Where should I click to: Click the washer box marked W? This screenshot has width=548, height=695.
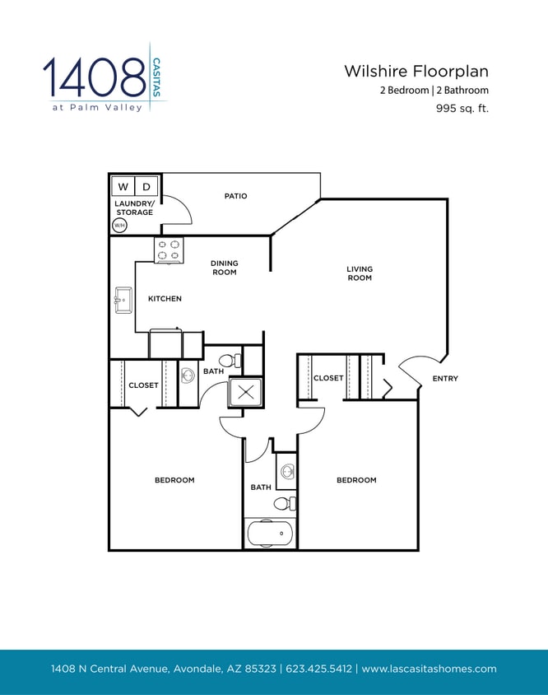tap(123, 187)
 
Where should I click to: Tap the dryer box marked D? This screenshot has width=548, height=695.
tap(146, 187)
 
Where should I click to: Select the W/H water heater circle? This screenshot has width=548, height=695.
tap(119, 225)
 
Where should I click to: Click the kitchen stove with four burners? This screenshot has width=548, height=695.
tap(169, 250)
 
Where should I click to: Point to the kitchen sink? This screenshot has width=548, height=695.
tap(123, 301)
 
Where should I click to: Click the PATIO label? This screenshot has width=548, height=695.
tap(235, 196)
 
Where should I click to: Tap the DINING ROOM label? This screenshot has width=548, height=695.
tap(224, 268)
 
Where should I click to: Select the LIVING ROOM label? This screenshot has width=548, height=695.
tap(360, 273)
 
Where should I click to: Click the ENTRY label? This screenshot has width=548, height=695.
tap(445, 379)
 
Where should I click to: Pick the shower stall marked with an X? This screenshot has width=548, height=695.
tap(246, 392)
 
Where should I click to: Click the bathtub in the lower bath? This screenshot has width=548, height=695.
tap(270, 534)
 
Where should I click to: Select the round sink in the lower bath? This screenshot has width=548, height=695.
tap(287, 472)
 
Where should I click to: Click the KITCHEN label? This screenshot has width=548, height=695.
tap(165, 299)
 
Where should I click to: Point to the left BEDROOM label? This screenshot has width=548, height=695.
tap(174, 480)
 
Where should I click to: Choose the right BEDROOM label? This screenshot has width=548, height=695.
tap(356, 480)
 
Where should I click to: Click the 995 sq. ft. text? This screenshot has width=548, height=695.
tap(462, 108)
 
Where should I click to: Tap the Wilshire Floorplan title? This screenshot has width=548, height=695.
tap(416, 72)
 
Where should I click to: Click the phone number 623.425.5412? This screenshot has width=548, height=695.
tap(318, 669)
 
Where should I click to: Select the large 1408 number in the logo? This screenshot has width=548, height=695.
tap(95, 77)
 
